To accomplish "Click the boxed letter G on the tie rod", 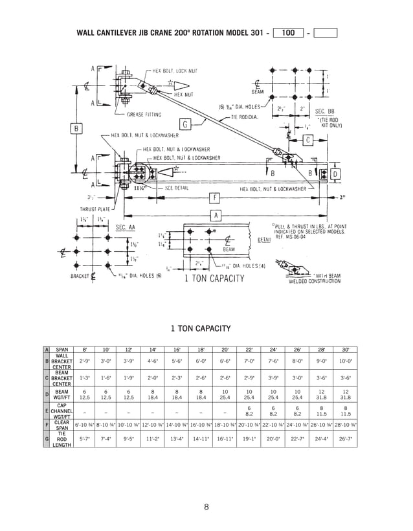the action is click(185, 124).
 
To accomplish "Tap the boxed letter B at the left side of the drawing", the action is click(76, 128).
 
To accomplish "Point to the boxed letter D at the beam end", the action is click(335, 174).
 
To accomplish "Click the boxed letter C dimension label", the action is click(308, 140).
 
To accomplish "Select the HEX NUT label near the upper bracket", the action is click(184, 95).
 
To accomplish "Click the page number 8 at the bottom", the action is click(206, 506).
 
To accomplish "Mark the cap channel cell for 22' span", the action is click(249, 409).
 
